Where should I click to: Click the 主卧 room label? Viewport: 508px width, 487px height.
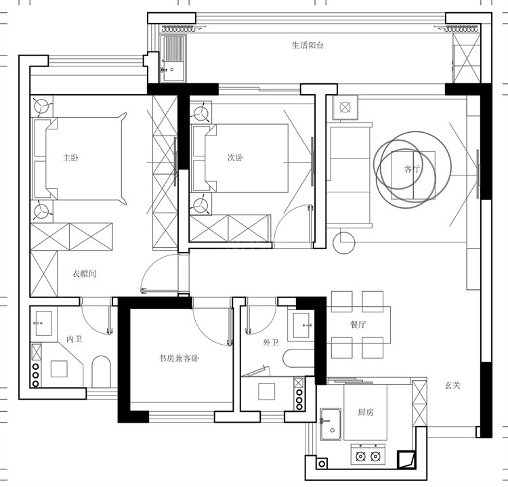click(x=70, y=158)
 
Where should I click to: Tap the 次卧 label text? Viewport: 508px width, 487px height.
click(x=235, y=158)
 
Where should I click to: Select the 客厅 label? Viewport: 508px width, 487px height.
click(x=412, y=169)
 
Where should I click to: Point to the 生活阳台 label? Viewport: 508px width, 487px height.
click(x=308, y=45)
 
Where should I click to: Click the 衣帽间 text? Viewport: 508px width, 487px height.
click(x=84, y=274)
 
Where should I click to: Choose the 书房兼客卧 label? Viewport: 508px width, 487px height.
click(x=179, y=358)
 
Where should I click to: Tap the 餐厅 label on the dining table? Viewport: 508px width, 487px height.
click(x=358, y=324)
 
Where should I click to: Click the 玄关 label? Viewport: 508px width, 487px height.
click(x=452, y=385)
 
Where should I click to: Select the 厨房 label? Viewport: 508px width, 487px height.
click(x=366, y=412)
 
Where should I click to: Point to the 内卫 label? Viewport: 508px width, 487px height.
click(x=75, y=339)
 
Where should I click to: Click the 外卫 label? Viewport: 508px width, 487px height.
click(x=271, y=343)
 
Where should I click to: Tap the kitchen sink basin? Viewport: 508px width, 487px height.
click(x=331, y=425)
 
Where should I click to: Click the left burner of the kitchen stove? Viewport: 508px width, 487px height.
click(x=360, y=457)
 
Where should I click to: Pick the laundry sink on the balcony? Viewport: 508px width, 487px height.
click(x=174, y=59)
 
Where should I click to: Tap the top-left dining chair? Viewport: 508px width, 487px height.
click(x=342, y=301)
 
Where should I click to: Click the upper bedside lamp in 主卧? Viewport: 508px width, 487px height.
click(x=42, y=106)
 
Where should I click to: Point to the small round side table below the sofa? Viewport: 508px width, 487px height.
click(x=344, y=243)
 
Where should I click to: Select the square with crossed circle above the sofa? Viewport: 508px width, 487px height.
click(x=345, y=107)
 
